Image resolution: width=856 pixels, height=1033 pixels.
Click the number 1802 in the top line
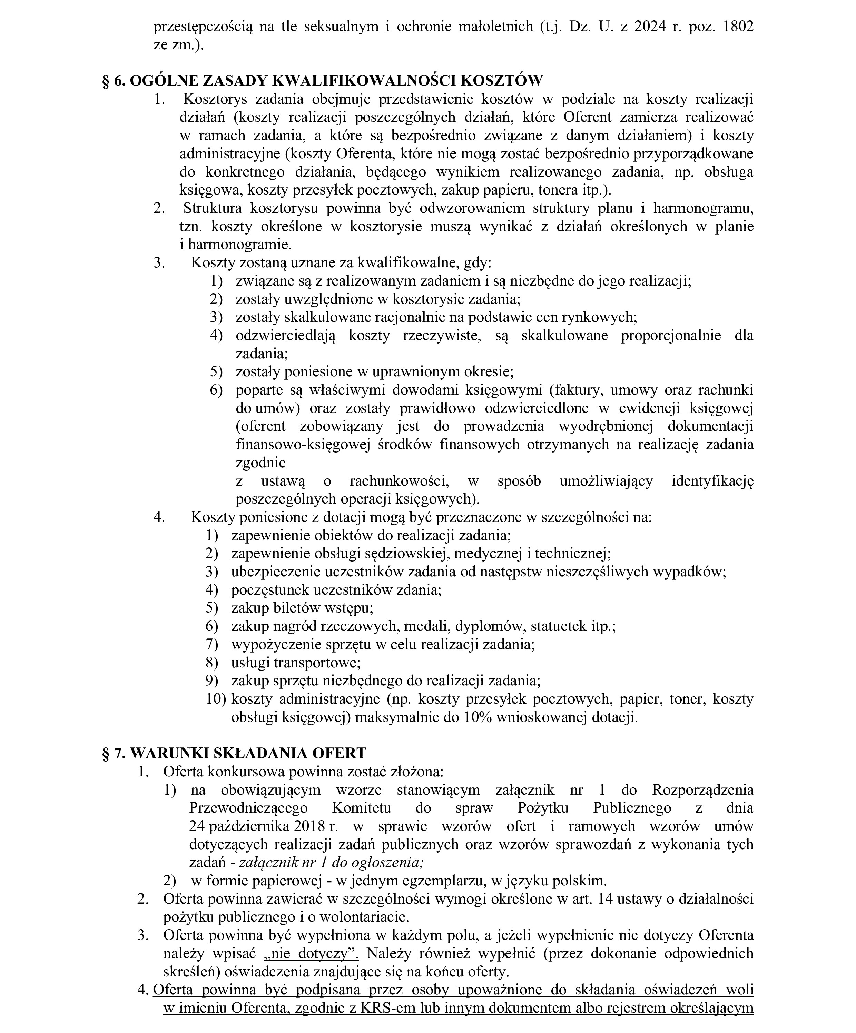[738, 27]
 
